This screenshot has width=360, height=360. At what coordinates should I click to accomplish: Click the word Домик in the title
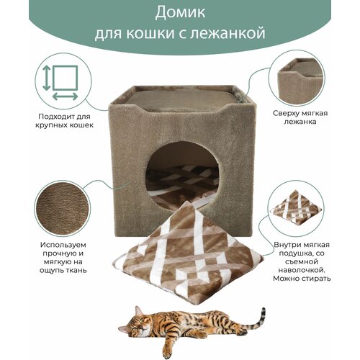click(180, 12)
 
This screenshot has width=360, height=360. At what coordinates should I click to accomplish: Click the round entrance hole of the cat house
click(183, 176)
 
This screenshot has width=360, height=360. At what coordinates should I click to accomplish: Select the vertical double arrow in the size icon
click(47, 78)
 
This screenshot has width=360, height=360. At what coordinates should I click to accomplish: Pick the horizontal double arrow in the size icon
click(65, 96)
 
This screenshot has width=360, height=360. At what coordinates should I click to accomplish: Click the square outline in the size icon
click(66, 78)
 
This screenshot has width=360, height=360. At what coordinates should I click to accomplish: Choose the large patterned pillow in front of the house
click(188, 252)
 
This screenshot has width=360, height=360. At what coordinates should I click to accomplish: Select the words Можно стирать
click(302, 279)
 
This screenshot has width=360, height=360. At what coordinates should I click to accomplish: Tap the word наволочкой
click(302, 270)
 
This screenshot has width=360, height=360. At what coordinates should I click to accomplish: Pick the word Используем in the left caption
click(63, 245)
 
